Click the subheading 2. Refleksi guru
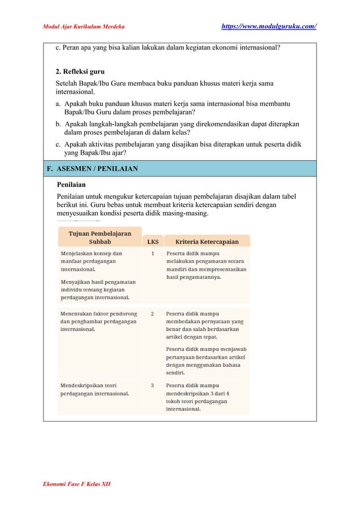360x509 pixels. [x=80, y=72]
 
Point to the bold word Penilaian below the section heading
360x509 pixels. [x=71, y=183]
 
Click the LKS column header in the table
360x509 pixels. [x=152, y=242]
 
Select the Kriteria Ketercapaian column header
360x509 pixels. [x=207, y=242]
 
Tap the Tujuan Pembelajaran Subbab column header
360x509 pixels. [x=99, y=237]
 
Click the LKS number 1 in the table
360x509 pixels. [x=152, y=254]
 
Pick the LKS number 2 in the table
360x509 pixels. [x=152, y=313]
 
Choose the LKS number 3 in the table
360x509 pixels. [x=152, y=385]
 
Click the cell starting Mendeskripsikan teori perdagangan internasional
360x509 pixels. [x=95, y=389]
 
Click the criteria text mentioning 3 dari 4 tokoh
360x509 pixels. [x=204, y=397]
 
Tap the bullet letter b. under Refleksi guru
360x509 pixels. [x=59, y=124]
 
